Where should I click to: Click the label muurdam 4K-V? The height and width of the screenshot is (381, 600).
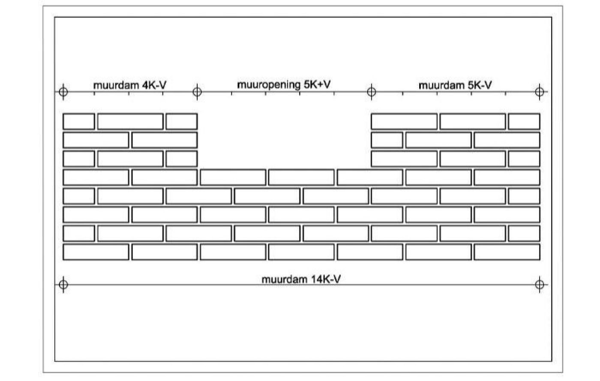click(130, 85)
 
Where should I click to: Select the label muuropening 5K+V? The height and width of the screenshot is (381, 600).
click(284, 85)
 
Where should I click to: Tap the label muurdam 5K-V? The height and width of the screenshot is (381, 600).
click(455, 85)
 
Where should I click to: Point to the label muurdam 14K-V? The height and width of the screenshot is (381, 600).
click(301, 279)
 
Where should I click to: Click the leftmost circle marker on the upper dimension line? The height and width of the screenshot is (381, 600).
click(63, 92)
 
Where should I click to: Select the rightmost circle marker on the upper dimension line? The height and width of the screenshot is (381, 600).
click(540, 92)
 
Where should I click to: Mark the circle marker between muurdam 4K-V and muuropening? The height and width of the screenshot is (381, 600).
click(197, 92)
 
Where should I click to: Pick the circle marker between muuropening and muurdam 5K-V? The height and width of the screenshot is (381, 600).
click(371, 92)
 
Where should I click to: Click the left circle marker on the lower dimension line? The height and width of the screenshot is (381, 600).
click(63, 284)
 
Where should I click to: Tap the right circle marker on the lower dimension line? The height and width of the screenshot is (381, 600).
click(540, 284)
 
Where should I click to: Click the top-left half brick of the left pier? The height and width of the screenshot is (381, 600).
click(79, 121)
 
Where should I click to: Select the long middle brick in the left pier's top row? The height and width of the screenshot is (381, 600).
click(130, 121)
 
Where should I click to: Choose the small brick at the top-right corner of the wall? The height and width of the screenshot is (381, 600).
click(524, 121)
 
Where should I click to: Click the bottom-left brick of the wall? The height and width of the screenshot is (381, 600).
click(96, 252)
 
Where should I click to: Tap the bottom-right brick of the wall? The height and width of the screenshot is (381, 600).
click(507, 252)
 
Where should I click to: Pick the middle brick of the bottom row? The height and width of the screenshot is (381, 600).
click(301, 252)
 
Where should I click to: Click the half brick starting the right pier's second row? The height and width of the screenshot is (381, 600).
click(387, 140)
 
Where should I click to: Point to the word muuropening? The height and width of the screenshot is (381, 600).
click(269, 85)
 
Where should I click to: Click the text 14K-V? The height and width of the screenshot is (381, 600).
click(326, 279)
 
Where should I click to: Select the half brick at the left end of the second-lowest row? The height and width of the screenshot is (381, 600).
click(79, 234)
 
